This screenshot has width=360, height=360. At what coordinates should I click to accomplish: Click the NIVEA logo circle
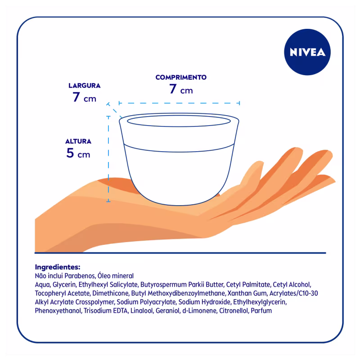pos(307,52)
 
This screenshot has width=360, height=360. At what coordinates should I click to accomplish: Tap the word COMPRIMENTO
pos(181,77)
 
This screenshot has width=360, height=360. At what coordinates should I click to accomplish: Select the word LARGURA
pos(85,85)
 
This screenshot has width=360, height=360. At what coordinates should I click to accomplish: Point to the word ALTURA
pos(78,141)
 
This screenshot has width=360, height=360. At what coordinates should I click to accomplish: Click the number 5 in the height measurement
pos(70,153)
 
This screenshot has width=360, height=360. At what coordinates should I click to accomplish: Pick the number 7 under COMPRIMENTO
pos(173,89)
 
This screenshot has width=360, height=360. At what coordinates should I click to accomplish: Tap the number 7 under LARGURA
pos(76,97)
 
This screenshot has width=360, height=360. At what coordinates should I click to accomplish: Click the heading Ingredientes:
pos(58,267)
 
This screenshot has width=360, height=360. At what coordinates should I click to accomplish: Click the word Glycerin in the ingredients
pos(64,284)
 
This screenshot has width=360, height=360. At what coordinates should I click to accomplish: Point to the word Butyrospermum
pos(163,284)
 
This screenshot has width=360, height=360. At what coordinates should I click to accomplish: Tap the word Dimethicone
pos(110,293)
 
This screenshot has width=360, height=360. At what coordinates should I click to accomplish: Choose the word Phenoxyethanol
pos(58,310)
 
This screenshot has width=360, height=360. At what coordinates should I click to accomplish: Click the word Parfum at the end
pos(261,310)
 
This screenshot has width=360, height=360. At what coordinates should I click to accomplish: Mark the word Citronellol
pos(234,310)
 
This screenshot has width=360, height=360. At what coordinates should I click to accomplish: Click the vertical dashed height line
pos(108,159)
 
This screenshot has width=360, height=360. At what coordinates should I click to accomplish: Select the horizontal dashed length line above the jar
pos(179,103)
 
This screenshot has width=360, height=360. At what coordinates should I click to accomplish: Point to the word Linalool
pos(142,310)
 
